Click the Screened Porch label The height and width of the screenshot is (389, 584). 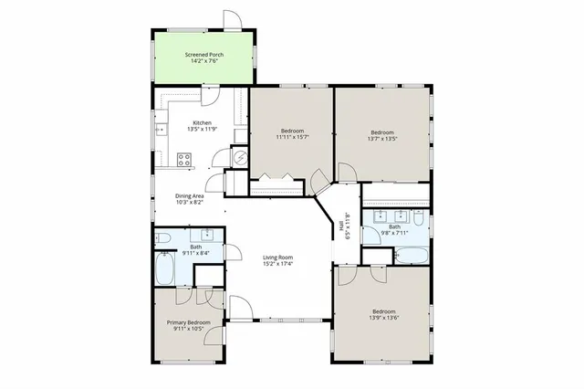(203, 55)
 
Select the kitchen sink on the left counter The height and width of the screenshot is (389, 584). (162, 127)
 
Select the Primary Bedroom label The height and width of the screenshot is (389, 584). (188, 322)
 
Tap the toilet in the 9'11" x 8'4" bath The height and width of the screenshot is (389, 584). (163, 238)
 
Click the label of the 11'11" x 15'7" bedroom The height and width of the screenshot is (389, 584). (292, 131)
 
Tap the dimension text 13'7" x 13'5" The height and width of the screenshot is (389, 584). (382, 139)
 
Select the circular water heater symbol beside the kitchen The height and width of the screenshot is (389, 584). (241, 157)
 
